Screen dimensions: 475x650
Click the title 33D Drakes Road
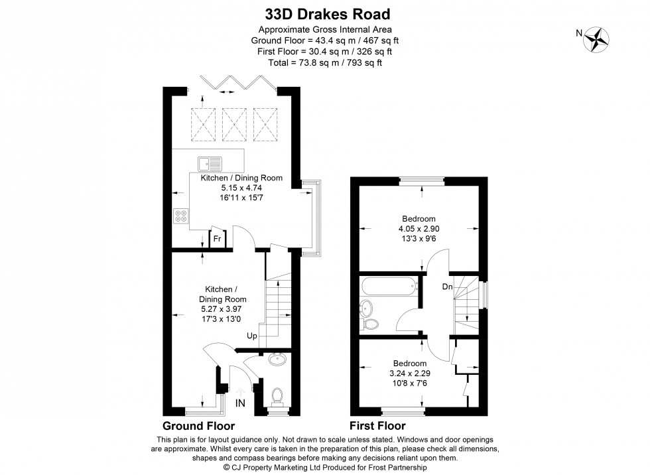tap(324, 14)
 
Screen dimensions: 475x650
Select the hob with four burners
tap(181, 216)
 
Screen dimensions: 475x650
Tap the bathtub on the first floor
tap(389, 287)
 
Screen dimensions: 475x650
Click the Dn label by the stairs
tap(448, 287)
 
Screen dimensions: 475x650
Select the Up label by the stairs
tap(253, 336)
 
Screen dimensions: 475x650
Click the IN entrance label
tap(239, 403)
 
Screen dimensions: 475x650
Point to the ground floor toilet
tap(278, 397)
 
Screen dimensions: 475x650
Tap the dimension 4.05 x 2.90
tap(419, 228)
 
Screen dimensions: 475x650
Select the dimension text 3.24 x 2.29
tap(409, 373)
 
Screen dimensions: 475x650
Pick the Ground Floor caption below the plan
tap(198, 425)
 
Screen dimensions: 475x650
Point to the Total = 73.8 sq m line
tap(324, 62)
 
